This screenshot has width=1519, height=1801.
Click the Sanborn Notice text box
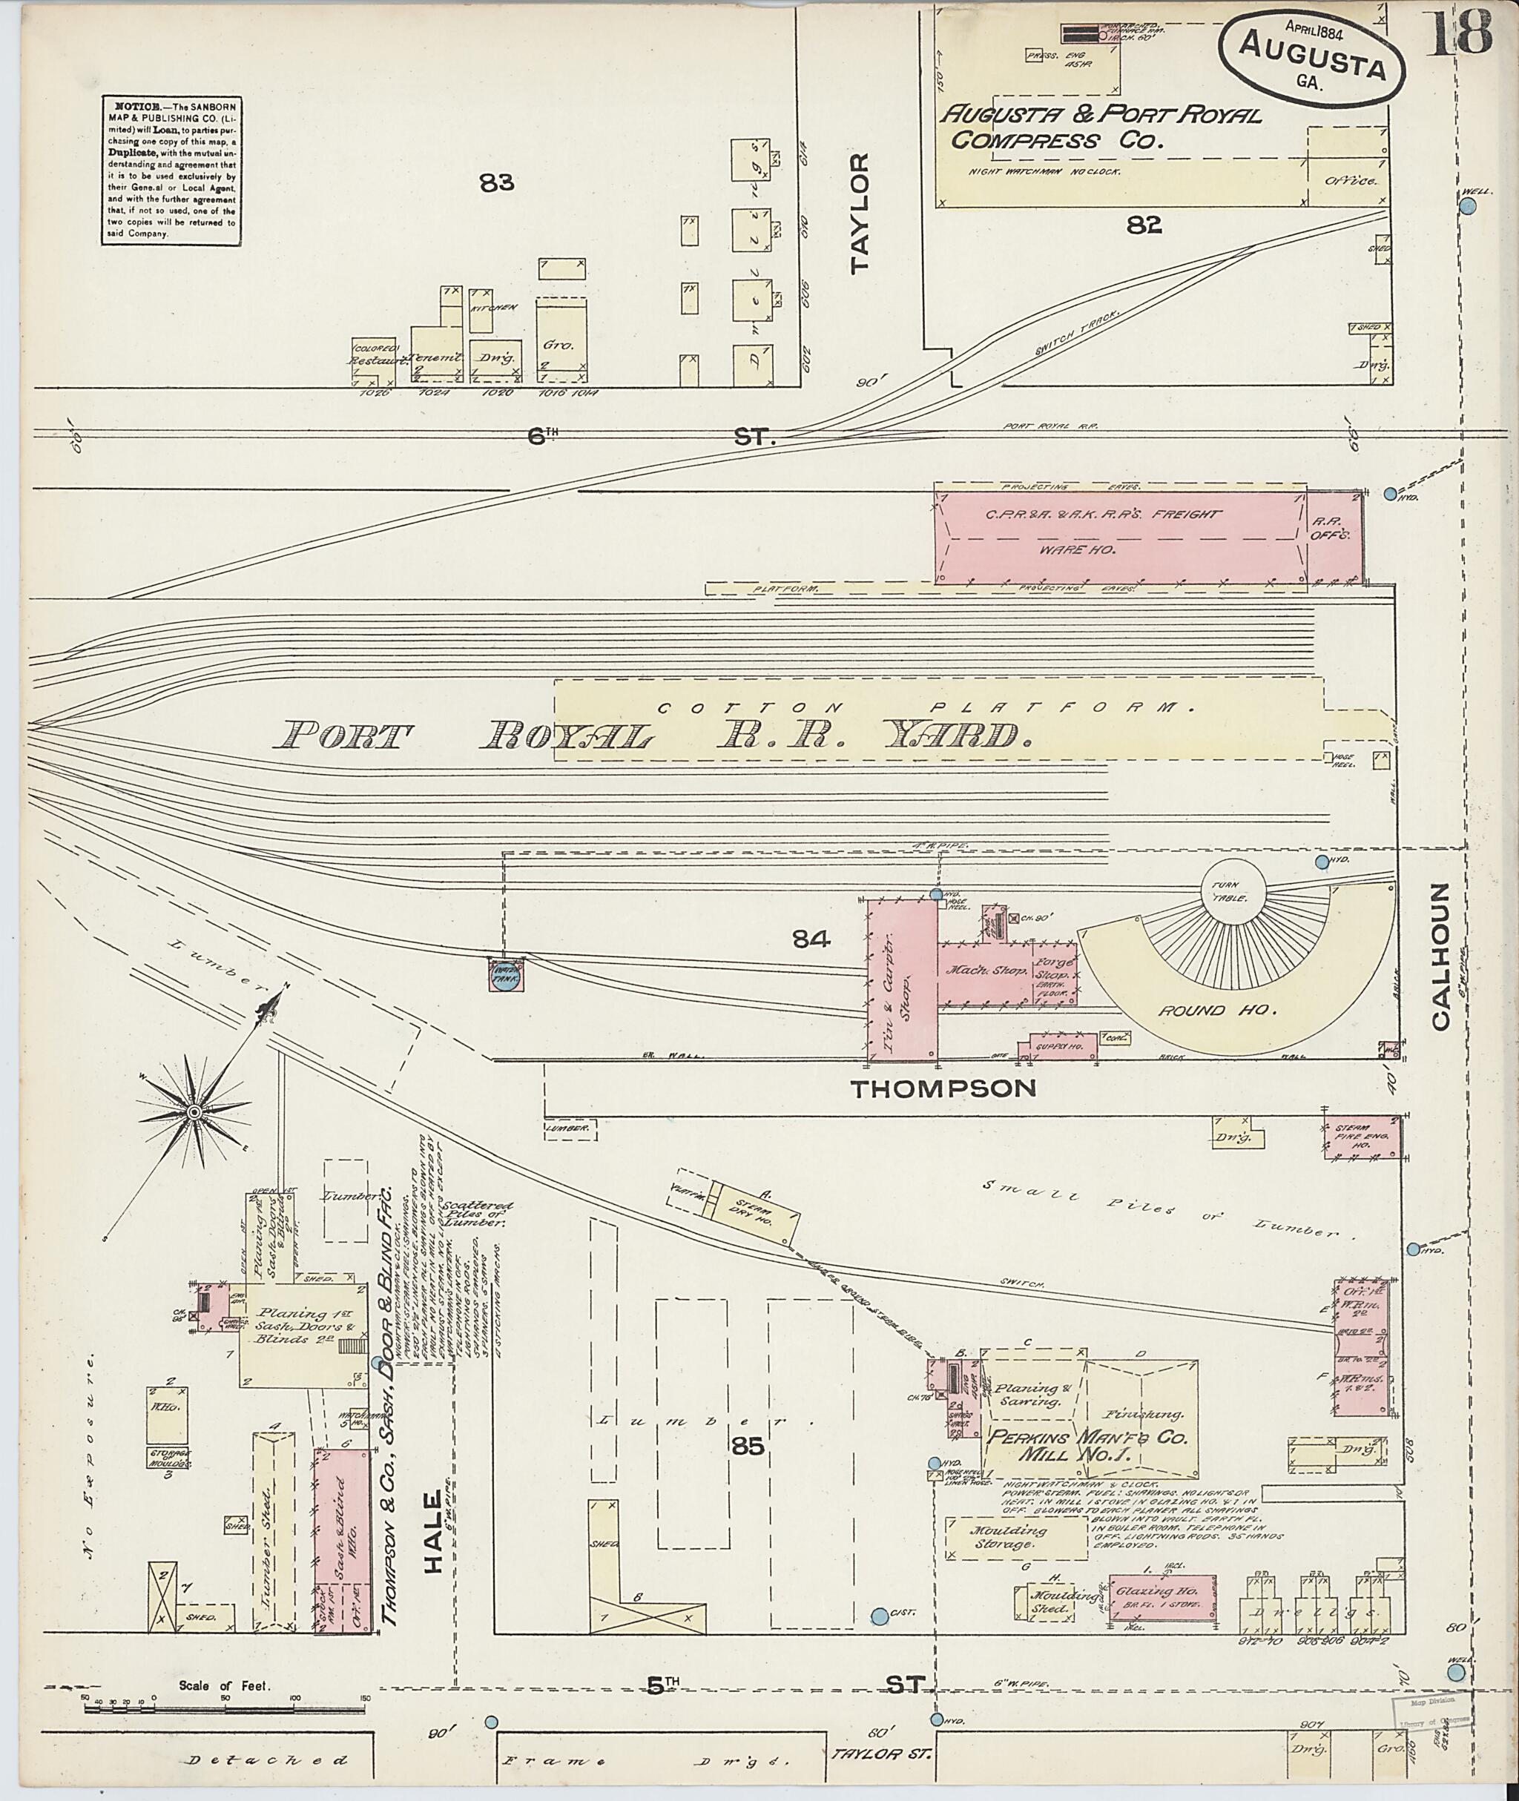(x=170, y=171)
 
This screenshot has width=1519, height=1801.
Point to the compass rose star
(x=194, y=1112)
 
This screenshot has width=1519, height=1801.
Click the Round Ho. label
(x=1193, y=1010)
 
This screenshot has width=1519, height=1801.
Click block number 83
(x=497, y=182)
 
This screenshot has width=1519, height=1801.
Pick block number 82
(x=1144, y=225)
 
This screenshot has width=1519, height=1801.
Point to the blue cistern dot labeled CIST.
(x=879, y=1617)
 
